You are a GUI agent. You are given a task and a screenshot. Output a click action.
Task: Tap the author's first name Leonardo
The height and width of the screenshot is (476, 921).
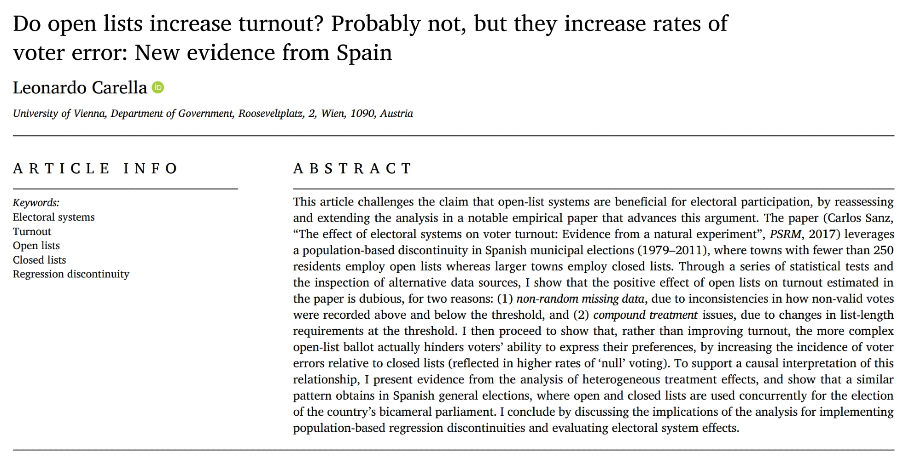[x=49, y=87]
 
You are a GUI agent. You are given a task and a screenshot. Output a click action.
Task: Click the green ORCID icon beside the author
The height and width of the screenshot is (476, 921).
[x=158, y=87]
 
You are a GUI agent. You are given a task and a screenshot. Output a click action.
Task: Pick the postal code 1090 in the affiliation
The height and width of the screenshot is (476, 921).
[x=362, y=114]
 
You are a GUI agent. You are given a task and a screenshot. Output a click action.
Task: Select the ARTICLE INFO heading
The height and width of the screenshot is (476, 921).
[x=95, y=168]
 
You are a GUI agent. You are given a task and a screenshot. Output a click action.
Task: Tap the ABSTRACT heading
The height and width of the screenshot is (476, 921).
[x=352, y=168]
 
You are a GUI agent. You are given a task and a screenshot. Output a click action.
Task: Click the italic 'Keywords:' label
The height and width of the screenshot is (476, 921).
[x=36, y=203]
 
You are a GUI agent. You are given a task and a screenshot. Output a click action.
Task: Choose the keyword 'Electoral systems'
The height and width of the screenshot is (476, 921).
[x=53, y=217]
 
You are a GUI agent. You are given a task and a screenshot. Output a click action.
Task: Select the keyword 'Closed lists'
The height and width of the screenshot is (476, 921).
[x=39, y=260]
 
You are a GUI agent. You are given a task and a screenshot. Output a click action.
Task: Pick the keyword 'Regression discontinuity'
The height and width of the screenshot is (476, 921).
[x=71, y=274]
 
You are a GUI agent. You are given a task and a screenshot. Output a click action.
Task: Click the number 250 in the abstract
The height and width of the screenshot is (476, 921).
[x=884, y=250]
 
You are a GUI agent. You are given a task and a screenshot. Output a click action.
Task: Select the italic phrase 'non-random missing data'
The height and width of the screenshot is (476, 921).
[x=580, y=299]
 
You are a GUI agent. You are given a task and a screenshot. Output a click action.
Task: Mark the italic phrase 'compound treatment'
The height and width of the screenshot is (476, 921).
[x=645, y=315]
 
